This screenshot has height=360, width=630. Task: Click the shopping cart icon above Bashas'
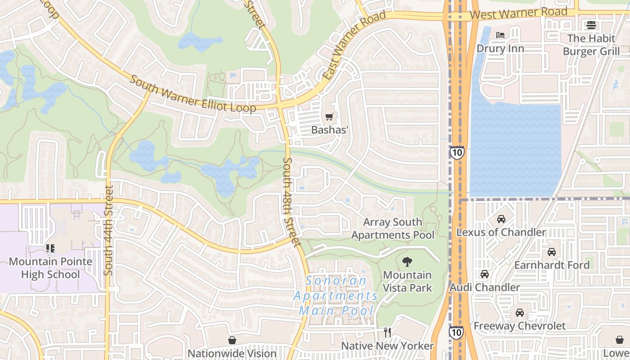(329, 117)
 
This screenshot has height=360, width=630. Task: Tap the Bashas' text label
(330, 130)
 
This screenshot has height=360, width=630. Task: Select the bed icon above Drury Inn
(500, 35)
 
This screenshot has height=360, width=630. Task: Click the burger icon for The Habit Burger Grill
(591, 25)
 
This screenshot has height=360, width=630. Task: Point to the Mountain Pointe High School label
(50, 268)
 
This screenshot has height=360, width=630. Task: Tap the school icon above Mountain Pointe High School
(50, 248)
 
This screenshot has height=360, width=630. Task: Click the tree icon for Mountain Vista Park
(407, 262)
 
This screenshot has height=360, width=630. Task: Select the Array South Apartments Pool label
(393, 229)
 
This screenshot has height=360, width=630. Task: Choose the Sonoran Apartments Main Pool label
(337, 296)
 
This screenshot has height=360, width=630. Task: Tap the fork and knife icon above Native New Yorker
(387, 333)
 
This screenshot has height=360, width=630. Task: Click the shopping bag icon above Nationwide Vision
(232, 340)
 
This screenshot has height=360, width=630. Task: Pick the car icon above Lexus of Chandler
(501, 219)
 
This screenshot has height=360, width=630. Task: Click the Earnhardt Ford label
(552, 265)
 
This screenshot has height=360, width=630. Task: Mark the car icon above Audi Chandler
(485, 274)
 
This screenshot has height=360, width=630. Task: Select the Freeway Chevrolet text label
(519, 325)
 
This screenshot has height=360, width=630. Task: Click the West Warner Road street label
(518, 13)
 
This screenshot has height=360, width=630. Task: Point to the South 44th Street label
(108, 230)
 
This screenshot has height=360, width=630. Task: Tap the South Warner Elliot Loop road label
(193, 94)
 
